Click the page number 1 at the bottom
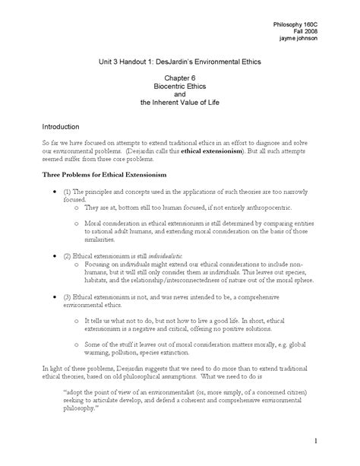pyautogui.click(x=335, y=441)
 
